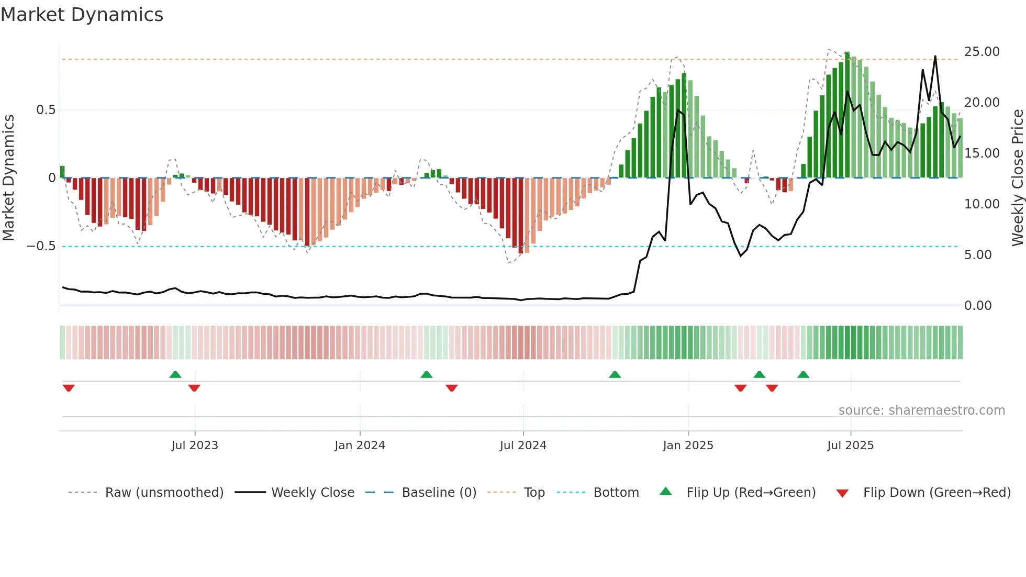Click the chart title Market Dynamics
(x=82, y=15)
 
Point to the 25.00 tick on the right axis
(x=982, y=52)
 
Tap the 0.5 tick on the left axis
(x=46, y=110)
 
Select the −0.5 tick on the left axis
(x=41, y=246)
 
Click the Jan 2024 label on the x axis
(x=360, y=446)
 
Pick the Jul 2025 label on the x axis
(x=850, y=446)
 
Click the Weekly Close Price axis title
(x=1017, y=177)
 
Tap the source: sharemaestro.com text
(x=921, y=410)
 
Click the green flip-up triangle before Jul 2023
(x=175, y=374)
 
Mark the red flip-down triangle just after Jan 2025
(x=740, y=388)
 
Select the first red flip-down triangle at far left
(x=69, y=388)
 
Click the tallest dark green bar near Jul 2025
(x=847, y=115)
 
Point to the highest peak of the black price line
(x=935, y=57)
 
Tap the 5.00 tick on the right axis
(x=977, y=255)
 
